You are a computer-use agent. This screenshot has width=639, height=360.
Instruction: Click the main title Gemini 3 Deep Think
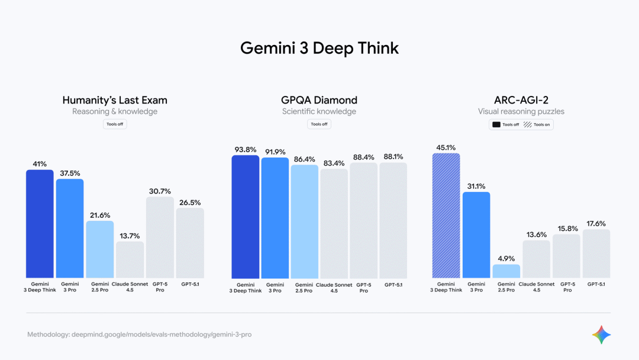[319, 48]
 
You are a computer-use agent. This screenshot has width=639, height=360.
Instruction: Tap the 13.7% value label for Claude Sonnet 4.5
[130, 235]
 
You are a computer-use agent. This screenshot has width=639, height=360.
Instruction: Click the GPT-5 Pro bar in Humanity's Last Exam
[160, 237]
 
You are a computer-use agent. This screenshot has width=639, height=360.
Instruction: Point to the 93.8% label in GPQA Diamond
[245, 149]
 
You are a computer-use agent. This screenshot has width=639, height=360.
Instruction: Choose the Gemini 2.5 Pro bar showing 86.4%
[304, 221]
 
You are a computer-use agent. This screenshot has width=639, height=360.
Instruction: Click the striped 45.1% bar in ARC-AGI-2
[446, 216]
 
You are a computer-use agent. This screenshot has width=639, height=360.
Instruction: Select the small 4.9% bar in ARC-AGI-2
[506, 271]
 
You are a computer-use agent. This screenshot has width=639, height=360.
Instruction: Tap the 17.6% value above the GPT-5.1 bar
[596, 223]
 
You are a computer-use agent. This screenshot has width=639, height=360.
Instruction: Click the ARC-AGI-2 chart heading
[521, 100]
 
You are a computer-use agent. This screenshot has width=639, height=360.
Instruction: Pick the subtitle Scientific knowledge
[319, 111]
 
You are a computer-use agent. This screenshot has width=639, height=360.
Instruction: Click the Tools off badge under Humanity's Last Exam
[115, 124]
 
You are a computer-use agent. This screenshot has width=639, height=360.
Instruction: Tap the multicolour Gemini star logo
[601, 335]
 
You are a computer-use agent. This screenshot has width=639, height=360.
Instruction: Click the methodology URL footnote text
[140, 335]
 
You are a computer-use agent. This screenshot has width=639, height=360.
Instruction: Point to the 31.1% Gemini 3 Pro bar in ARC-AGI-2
[476, 235]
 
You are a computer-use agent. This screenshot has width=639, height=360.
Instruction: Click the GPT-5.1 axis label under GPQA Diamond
[393, 285]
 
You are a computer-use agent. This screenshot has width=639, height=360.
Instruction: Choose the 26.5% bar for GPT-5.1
[190, 243]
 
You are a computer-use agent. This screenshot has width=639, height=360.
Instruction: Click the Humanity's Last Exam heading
[115, 100]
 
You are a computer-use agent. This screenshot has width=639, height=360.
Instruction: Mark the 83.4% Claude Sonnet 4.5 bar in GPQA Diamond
[334, 223]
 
